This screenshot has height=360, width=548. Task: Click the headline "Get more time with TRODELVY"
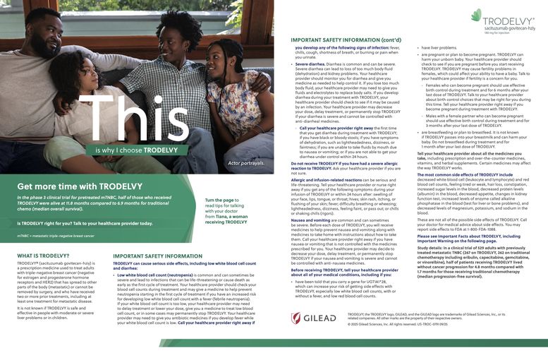[x=80, y=186]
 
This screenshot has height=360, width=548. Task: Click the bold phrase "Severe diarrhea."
[x=314, y=64]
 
